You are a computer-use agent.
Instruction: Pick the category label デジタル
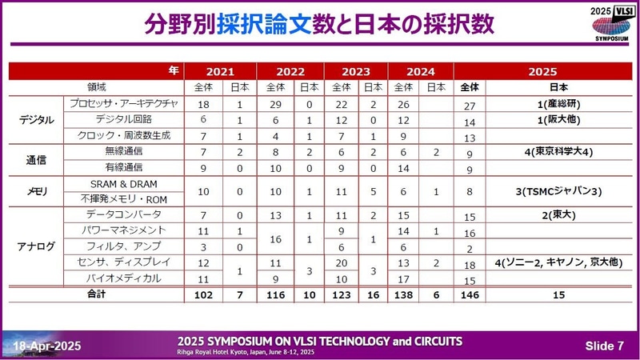tap(36, 120)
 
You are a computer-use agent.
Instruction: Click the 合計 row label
tap(97, 294)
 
